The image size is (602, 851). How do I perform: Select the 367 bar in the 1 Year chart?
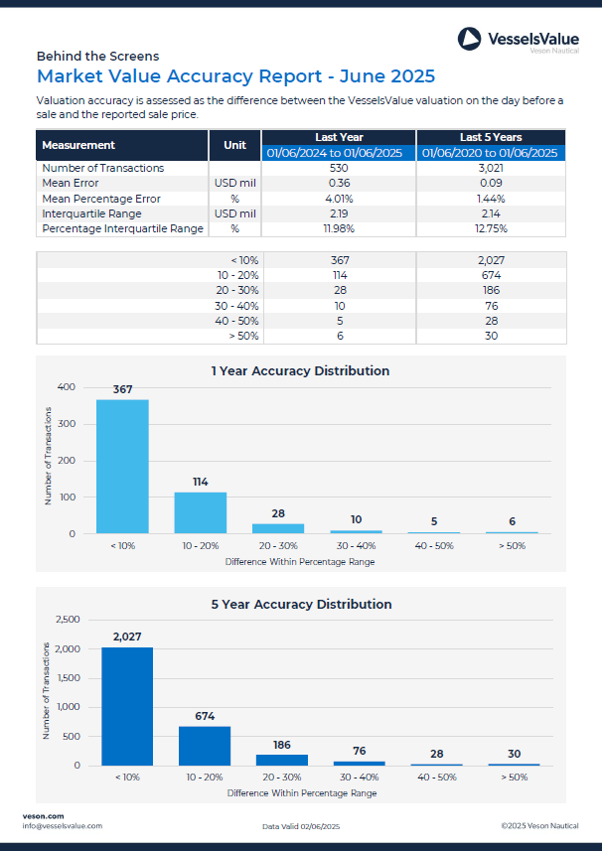[122, 466]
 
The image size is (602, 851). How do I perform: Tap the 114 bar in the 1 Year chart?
[200, 512]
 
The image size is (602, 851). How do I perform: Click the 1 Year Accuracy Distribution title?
[300, 371]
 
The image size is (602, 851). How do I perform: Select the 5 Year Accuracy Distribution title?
[301, 604]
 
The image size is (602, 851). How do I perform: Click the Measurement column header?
[78, 145]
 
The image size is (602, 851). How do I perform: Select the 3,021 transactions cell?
[491, 169]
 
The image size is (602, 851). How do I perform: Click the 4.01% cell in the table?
[340, 199]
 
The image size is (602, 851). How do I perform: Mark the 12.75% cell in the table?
[491, 228]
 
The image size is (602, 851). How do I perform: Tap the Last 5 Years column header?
[491, 137]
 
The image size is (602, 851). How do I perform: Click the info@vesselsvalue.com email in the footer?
[62, 826]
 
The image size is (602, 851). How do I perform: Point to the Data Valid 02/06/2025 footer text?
[301, 826]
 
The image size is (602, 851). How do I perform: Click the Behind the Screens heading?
[97, 57]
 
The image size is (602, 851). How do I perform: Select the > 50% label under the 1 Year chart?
[512, 545]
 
